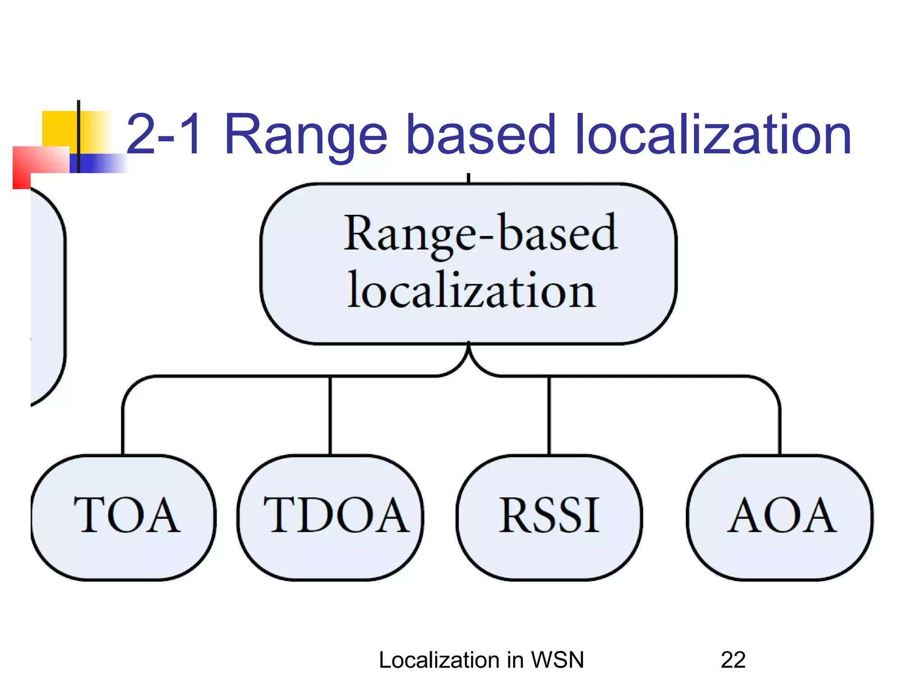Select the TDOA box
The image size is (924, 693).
coord(331,517)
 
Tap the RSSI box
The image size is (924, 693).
coord(549,517)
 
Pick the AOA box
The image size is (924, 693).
coord(780,517)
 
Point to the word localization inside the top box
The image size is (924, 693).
coord(471,291)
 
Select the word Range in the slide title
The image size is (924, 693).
coord(305,134)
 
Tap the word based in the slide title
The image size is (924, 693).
coord(480,134)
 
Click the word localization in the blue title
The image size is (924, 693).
coord(713,134)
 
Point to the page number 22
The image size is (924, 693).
coord(733,660)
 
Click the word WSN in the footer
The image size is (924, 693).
coord(558,660)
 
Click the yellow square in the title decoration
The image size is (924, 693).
coord(59,129)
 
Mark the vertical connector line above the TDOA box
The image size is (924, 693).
coord(330,415)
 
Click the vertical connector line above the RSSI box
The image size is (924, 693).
coord(549,415)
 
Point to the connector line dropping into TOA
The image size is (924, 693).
coord(123,424)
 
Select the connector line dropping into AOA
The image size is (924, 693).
coord(780,424)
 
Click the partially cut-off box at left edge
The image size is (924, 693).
coord(47,298)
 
